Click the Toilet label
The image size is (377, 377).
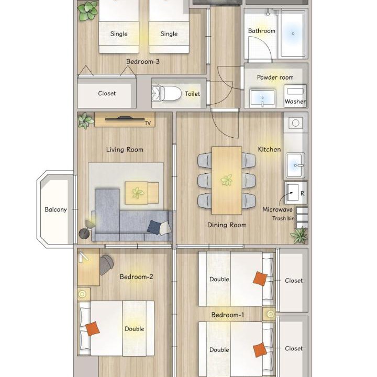(192, 94)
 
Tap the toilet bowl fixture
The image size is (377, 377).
(171, 94)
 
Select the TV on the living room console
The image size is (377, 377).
(125, 118)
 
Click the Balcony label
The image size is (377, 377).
(56, 209)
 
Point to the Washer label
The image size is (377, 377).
(295, 102)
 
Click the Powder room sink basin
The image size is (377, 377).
(262, 98)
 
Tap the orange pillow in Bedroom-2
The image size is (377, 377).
(93, 329)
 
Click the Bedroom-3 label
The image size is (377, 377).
(143, 62)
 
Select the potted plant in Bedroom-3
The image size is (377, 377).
(88, 10)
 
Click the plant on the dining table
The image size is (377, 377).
(227, 180)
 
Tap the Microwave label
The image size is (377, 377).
(278, 209)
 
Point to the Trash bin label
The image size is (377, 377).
(283, 218)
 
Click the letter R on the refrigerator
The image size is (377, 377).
(303, 193)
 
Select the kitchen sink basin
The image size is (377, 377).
(295, 165)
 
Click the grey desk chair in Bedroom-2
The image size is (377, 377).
(106, 264)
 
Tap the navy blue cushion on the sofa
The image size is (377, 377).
(154, 227)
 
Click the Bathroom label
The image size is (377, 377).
(262, 31)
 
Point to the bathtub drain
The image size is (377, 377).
(293, 34)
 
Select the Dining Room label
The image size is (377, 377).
(227, 225)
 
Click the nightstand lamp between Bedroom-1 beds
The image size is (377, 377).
(271, 314)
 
